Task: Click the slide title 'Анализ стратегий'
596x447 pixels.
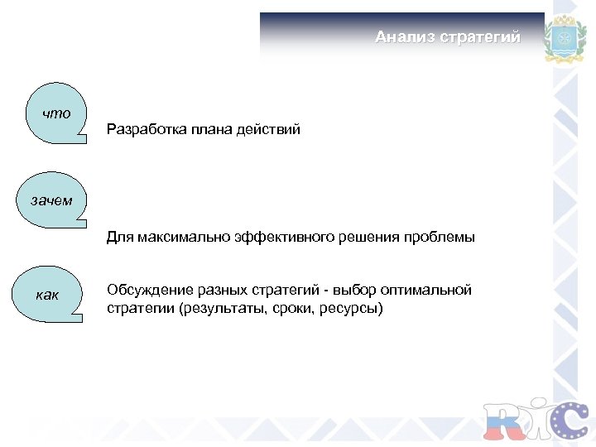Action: (447, 37)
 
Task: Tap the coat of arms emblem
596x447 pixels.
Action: (565, 39)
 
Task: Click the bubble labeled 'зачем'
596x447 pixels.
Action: (51, 199)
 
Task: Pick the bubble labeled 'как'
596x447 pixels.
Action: (50, 294)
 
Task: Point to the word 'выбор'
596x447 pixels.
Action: (356, 291)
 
